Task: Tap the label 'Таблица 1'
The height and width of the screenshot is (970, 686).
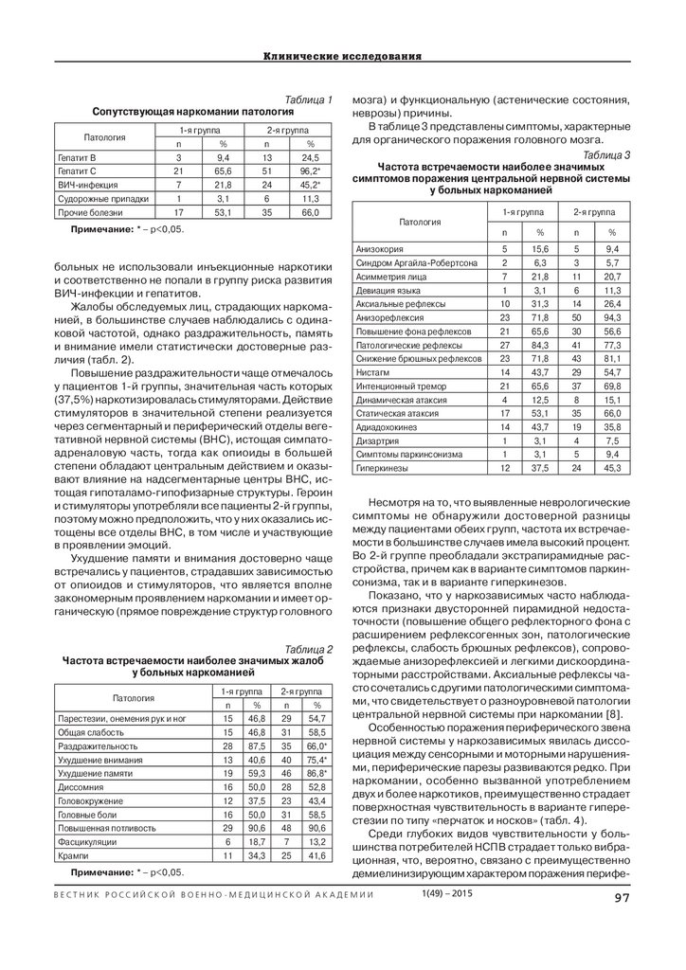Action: [x=309, y=99]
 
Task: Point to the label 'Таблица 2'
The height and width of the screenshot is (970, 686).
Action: [x=310, y=648]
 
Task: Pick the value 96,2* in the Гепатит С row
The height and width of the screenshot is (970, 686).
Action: [x=307, y=171]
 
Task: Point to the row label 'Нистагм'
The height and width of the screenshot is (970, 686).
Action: [x=373, y=375]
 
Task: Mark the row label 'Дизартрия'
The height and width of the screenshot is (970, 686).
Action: [x=377, y=440]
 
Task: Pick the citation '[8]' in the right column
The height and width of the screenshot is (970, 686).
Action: [x=613, y=712]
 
